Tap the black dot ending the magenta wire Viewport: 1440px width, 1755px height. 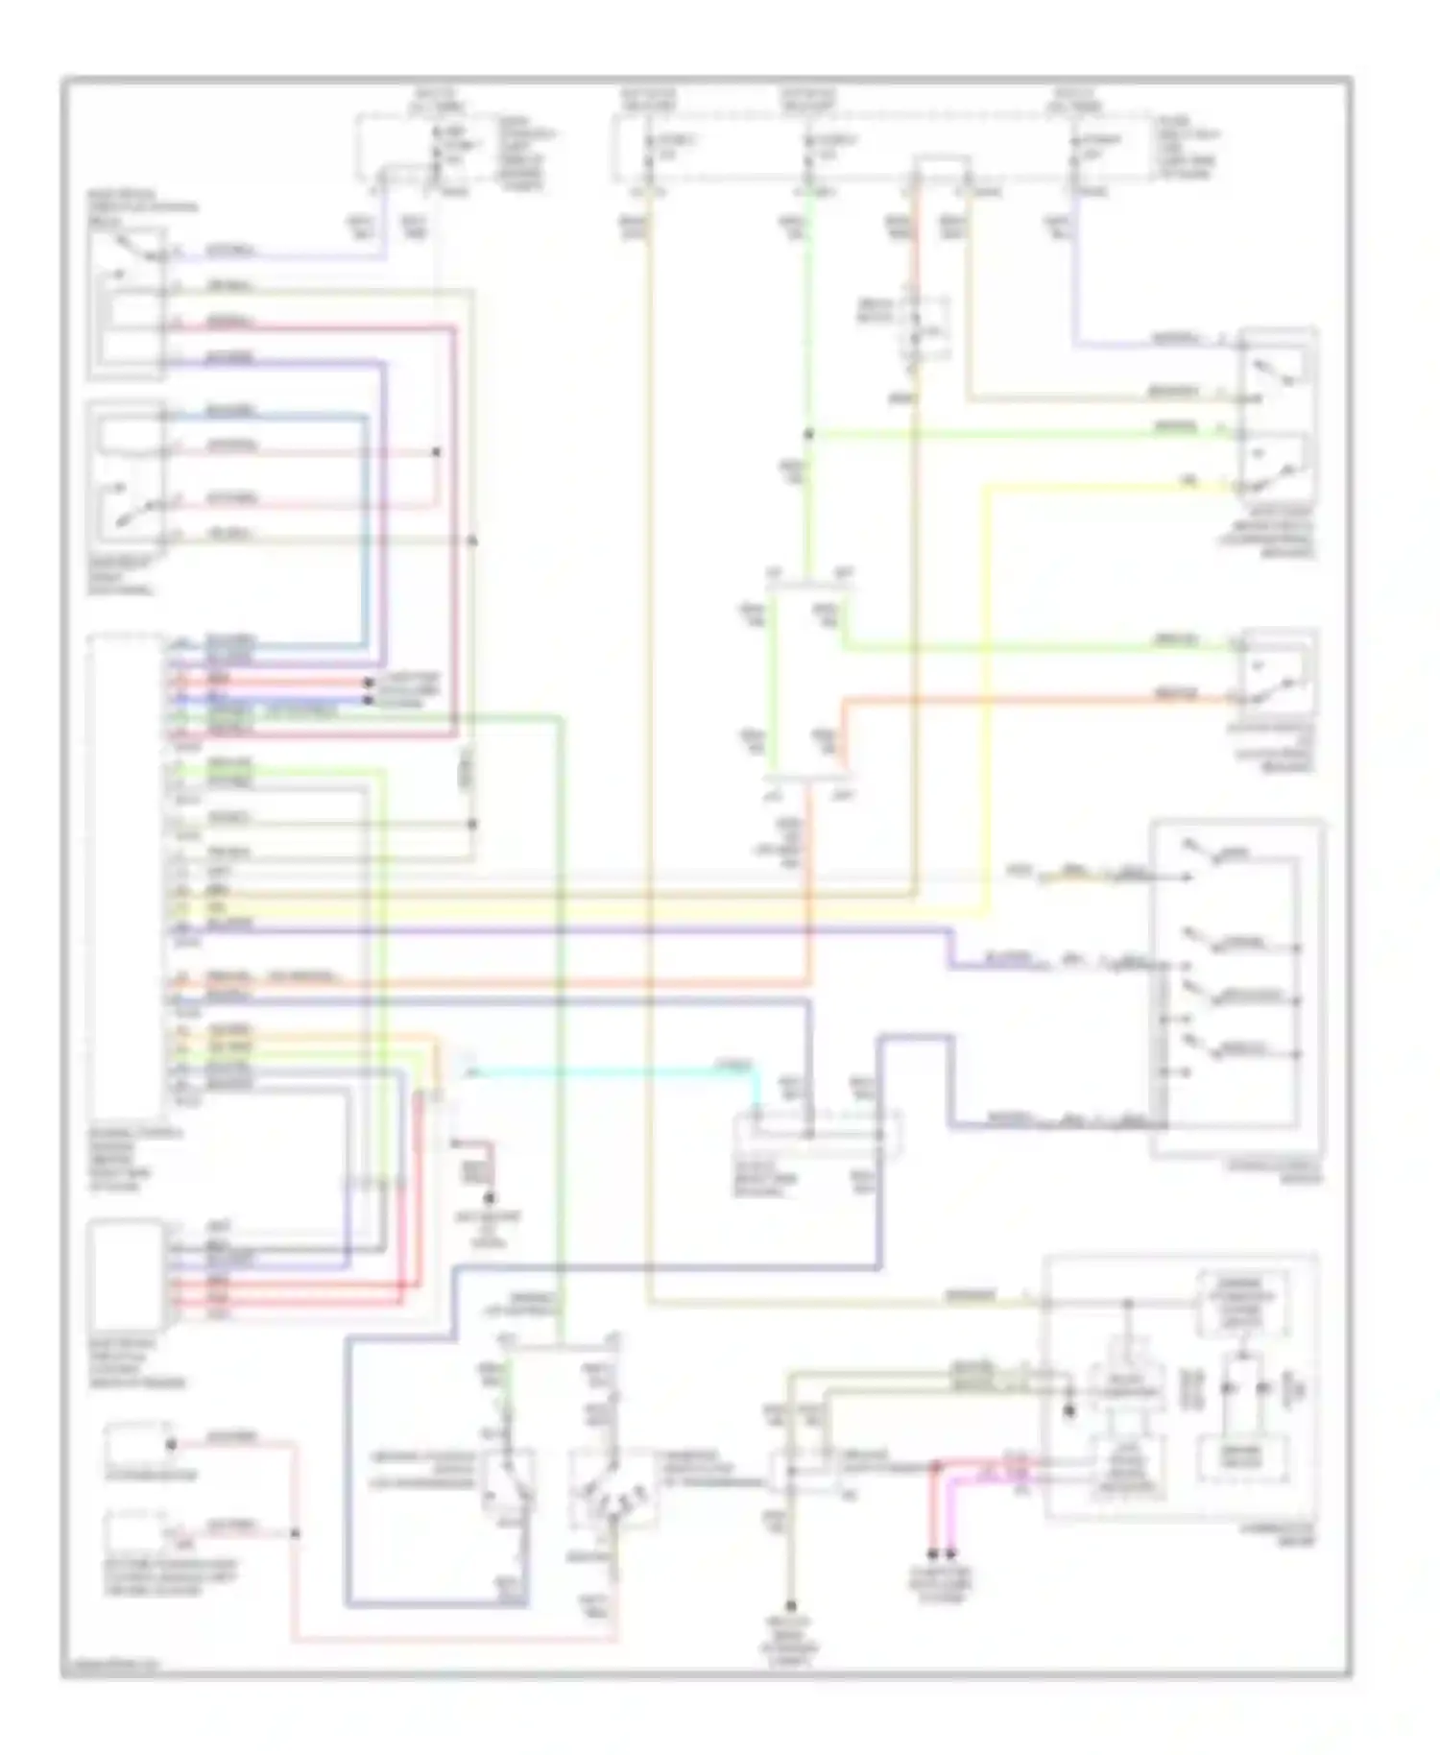(x=951, y=1552)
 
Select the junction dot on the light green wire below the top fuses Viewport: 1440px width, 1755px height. (x=809, y=435)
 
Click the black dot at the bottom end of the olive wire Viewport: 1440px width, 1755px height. (x=791, y=1605)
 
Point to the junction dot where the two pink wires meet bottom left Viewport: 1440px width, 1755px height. (x=295, y=1533)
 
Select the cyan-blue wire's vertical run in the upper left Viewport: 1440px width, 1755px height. (x=366, y=528)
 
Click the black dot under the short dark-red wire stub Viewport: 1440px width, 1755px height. (x=490, y=1199)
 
